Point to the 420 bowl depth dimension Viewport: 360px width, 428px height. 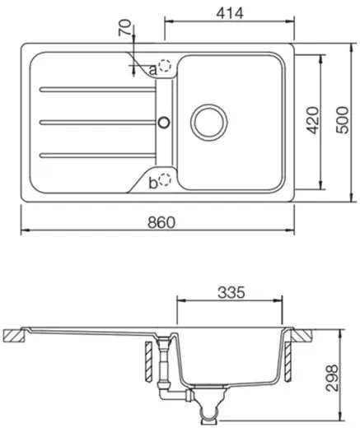[311, 121]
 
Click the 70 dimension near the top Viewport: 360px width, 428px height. [124, 33]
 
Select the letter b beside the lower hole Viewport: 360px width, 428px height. [152, 183]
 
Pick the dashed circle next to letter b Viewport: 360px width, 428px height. [166, 180]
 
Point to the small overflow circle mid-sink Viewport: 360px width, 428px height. [164, 122]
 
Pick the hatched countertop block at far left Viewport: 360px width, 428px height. [14, 336]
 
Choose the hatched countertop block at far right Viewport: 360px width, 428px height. [302, 336]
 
